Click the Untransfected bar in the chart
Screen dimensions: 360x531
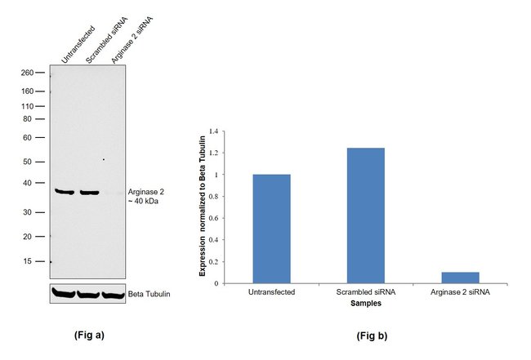[271, 229]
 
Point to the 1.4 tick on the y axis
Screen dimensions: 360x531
[215, 131]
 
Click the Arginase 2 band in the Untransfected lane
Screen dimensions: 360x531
[65, 192]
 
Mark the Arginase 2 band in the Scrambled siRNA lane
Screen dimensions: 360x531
[89, 193]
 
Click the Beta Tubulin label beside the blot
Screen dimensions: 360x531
[149, 294]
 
